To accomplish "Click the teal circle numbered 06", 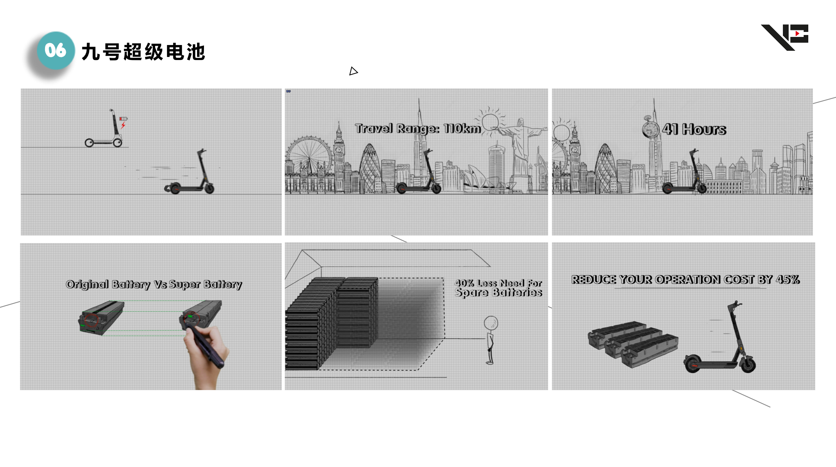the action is tap(56, 50).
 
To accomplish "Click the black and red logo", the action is tap(785, 37).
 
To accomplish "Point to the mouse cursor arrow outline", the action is tap(353, 71).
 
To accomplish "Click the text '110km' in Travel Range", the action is tap(462, 128).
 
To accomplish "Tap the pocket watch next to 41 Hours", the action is tap(650, 127).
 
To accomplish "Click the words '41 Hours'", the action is tap(694, 129).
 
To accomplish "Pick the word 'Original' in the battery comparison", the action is tap(87, 284).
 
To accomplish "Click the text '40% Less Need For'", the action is tap(498, 283).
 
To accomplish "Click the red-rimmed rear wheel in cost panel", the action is tap(692, 364).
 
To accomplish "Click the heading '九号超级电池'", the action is tap(144, 52).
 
